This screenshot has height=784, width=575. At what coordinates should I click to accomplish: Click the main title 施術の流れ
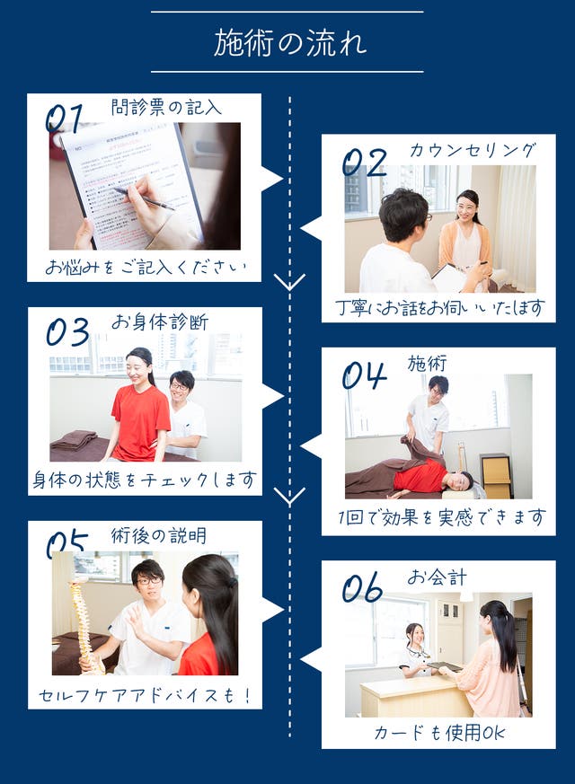289,42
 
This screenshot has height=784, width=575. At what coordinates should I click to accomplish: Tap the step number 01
65,119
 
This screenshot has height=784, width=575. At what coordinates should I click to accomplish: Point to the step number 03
67,331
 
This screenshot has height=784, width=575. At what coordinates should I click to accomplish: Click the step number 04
365,375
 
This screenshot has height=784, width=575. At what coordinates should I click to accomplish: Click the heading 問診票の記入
166,107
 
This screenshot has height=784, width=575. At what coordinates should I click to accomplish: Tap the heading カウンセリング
473,150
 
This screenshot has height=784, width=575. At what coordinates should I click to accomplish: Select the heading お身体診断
160,322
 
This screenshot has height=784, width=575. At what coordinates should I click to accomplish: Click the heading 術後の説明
158,535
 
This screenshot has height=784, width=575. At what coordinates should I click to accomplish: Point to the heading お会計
437,577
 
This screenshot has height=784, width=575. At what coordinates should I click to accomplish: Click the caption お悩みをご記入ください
146,267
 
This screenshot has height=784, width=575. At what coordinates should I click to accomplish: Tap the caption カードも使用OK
439,733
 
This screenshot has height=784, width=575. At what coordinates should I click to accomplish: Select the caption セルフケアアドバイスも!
145,695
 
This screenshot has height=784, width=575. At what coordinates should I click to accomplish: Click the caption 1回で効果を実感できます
441,517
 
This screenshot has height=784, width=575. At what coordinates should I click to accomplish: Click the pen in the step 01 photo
144,198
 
